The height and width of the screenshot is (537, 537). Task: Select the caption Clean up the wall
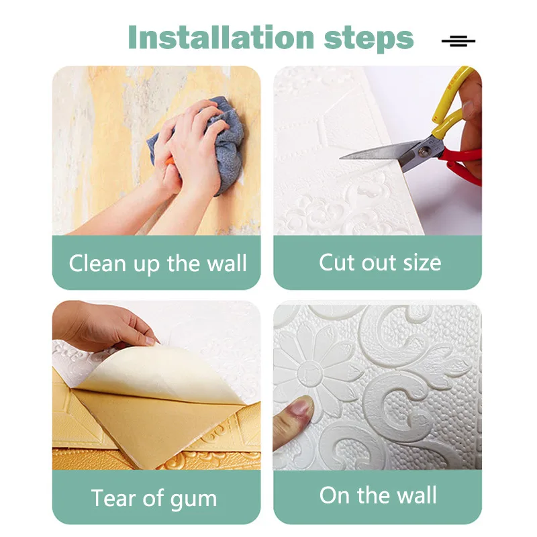click(x=158, y=263)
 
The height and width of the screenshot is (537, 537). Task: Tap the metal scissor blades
click(x=376, y=152)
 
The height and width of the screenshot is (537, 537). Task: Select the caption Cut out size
click(x=380, y=262)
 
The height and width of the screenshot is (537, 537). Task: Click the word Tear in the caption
click(x=113, y=499)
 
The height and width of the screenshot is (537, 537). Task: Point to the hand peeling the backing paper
click(x=101, y=326)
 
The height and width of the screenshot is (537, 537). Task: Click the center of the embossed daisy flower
click(x=309, y=371)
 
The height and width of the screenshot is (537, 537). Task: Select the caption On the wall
click(x=378, y=496)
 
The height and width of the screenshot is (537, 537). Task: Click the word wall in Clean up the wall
click(x=225, y=263)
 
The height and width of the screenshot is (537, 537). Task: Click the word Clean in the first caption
click(x=98, y=263)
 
